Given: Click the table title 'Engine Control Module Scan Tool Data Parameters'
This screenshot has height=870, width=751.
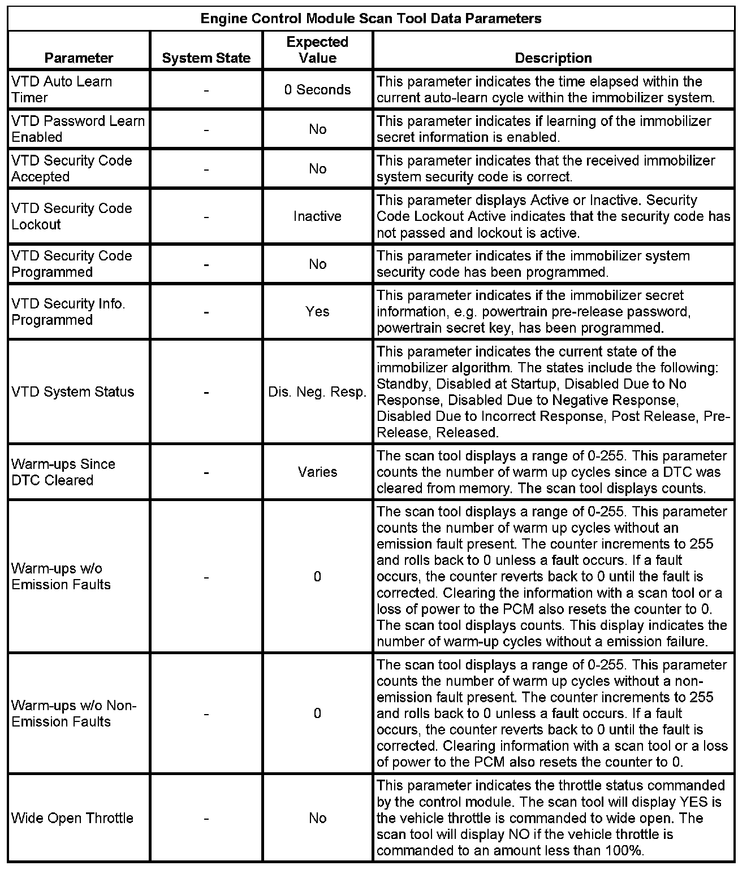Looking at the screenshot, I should [371, 19].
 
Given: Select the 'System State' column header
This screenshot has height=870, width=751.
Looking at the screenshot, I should [206, 58].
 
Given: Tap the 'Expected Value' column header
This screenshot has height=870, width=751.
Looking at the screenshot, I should [317, 50].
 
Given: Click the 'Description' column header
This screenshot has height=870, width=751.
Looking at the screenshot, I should [553, 58].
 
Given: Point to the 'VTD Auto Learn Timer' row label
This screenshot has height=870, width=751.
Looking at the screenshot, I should [62, 89].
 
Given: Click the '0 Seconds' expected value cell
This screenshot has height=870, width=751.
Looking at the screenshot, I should [317, 89].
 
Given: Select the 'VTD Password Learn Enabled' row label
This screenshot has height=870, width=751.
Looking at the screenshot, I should [78, 129].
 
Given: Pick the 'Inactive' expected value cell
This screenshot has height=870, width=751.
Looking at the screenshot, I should [317, 216].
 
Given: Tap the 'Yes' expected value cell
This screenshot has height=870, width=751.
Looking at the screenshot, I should [317, 311].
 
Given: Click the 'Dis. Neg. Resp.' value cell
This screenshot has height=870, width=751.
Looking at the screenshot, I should [317, 391].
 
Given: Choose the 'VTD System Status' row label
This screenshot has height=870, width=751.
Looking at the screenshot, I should [73, 391].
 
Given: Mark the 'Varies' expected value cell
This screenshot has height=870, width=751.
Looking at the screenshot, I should [317, 472].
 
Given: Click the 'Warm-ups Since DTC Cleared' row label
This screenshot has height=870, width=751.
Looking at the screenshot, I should [63, 472].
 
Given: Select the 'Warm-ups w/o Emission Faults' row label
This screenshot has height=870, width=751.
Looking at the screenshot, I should [61, 576].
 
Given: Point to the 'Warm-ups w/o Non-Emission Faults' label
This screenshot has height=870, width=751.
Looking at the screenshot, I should [74, 714].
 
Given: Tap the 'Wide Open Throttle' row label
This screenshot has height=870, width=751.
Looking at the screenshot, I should [72, 818].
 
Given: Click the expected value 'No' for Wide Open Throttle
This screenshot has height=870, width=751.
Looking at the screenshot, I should [317, 818].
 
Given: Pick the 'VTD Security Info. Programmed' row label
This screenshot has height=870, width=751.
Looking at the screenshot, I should [68, 311].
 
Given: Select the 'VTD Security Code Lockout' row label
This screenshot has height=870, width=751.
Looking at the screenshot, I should [72, 216].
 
